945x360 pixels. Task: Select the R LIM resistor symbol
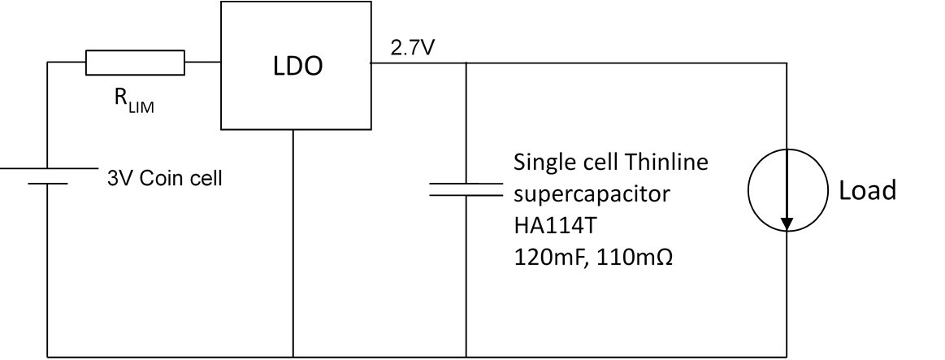(x=135, y=62)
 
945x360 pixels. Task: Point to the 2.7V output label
(x=413, y=47)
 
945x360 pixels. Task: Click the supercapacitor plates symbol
(x=466, y=189)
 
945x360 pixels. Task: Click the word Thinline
(x=668, y=162)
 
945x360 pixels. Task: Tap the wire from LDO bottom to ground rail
(x=293, y=244)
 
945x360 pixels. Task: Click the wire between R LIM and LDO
(x=203, y=62)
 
